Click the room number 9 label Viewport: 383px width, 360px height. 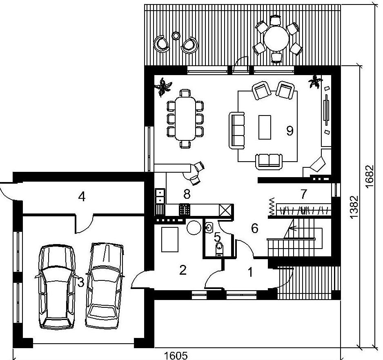[x=289, y=131]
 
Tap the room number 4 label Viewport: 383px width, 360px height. [x=82, y=197]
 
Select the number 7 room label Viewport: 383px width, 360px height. [x=303, y=194]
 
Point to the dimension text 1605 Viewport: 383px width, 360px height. [x=176, y=356]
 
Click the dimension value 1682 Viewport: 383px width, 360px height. [x=370, y=176]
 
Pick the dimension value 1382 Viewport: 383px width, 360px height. [x=354, y=207]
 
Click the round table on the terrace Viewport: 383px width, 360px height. [x=276, y=39]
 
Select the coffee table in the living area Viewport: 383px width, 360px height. [x=265, y=127]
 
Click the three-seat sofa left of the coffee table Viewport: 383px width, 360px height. [x=237, y=131]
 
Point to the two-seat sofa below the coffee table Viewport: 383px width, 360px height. [x=269, y=162]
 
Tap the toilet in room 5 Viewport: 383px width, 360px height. [x=219, y=249]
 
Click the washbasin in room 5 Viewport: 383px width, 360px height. [x=209, y=228]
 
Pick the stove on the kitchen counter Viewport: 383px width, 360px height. [x=185, y=209]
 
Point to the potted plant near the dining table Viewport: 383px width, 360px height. [x=163, y=87]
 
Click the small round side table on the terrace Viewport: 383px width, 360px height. [x=176, y=36]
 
